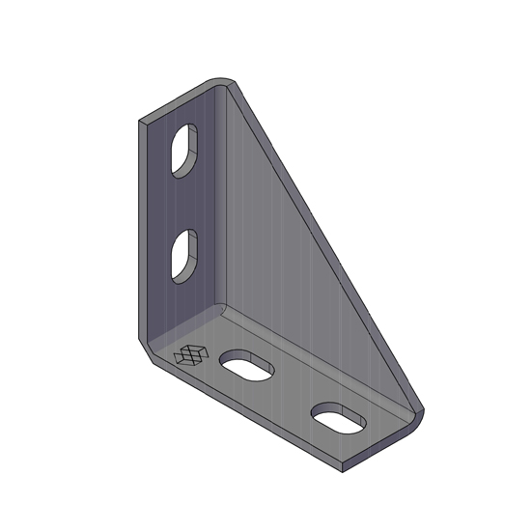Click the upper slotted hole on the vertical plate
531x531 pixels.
pos(183,150)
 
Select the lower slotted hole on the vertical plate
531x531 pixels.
pos(183,256)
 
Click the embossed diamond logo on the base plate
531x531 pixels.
pos(189,355)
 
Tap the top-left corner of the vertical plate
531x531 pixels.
pos(141,122)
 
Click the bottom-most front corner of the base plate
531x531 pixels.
pos(345,470)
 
